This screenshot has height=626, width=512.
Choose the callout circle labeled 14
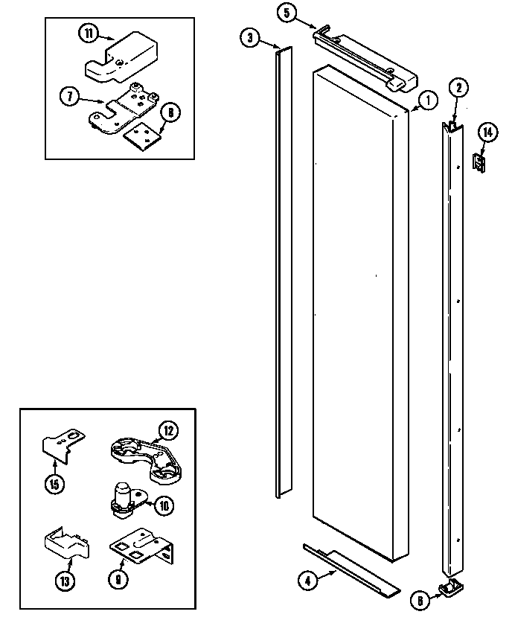(487, 133)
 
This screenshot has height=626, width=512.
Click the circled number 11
(87, 33)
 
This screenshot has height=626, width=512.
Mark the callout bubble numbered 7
(69, 95)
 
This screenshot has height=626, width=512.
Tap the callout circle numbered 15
(55, 482)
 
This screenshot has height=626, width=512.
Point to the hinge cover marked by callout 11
(123, 60)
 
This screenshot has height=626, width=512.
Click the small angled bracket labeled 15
(61, 446)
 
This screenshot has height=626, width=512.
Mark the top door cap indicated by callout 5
(365, 61)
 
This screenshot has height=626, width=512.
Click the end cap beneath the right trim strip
(451, 590)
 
